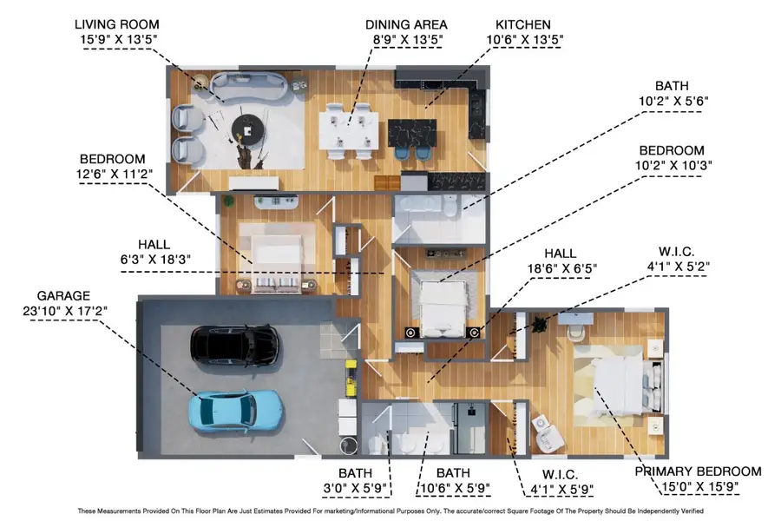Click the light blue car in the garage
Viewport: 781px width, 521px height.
coord(236,410)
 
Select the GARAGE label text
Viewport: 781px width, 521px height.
coord(62,295)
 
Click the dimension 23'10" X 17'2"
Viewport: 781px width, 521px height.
coord(62,312)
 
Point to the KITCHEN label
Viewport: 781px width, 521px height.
coord(522,23)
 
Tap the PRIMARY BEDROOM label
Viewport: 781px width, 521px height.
coord(698,472)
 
